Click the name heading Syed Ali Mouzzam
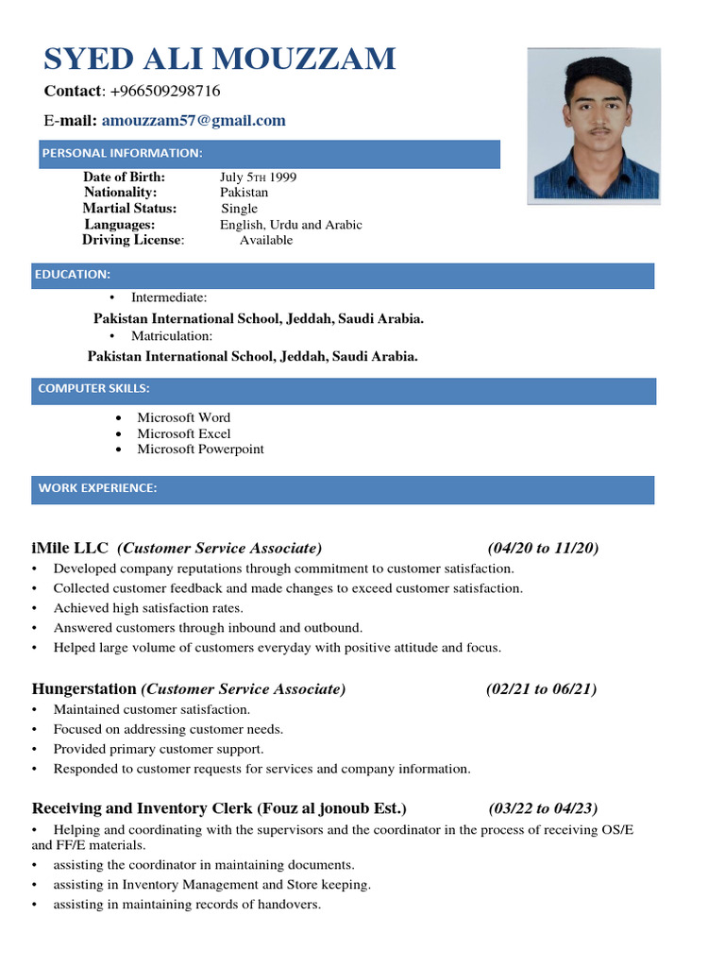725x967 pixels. click(x=219, y=59)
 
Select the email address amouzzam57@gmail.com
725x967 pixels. click(x=194, y=121)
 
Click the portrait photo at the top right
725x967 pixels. click(x=593, y=125)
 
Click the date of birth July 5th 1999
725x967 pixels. click(x=258, y=178)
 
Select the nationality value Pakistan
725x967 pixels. click(x=244, y=193)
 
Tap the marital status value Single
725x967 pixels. click(x=239, y=209)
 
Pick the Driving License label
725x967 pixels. click(x=132, y=240)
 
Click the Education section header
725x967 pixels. click(x=73, y=275)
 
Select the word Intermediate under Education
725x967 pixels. click(x=169, y=298)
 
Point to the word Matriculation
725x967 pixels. click(x=171, y=336)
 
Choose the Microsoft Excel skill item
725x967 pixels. click(x=183, y=433)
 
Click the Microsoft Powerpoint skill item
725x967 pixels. click(x=200, y=450)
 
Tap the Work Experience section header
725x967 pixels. click(x=97, y=488)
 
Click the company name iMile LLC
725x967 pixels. click(x=70, y=548)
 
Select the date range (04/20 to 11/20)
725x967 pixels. click(x=543, y=548)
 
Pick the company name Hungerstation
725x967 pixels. click(x=85, y=689)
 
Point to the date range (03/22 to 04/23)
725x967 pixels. click(x=543, y=808)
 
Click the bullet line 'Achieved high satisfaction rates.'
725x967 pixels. click(x=148, y=608)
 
